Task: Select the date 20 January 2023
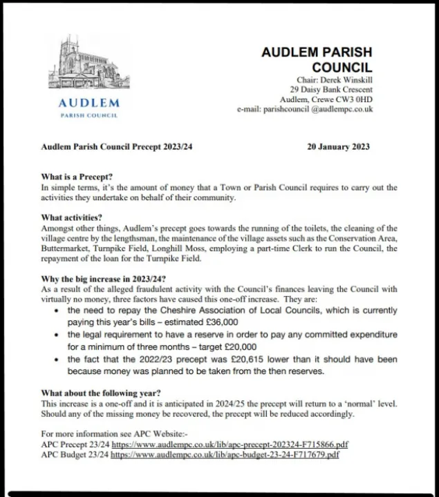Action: (x=338, y=146)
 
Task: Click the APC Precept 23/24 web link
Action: (x=230, y=445)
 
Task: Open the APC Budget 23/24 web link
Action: (x=225, y=455)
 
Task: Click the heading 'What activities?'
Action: (x=71, y=217)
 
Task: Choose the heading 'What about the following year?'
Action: (x=102, y=393)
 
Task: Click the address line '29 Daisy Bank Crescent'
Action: (x=331, y=90)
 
